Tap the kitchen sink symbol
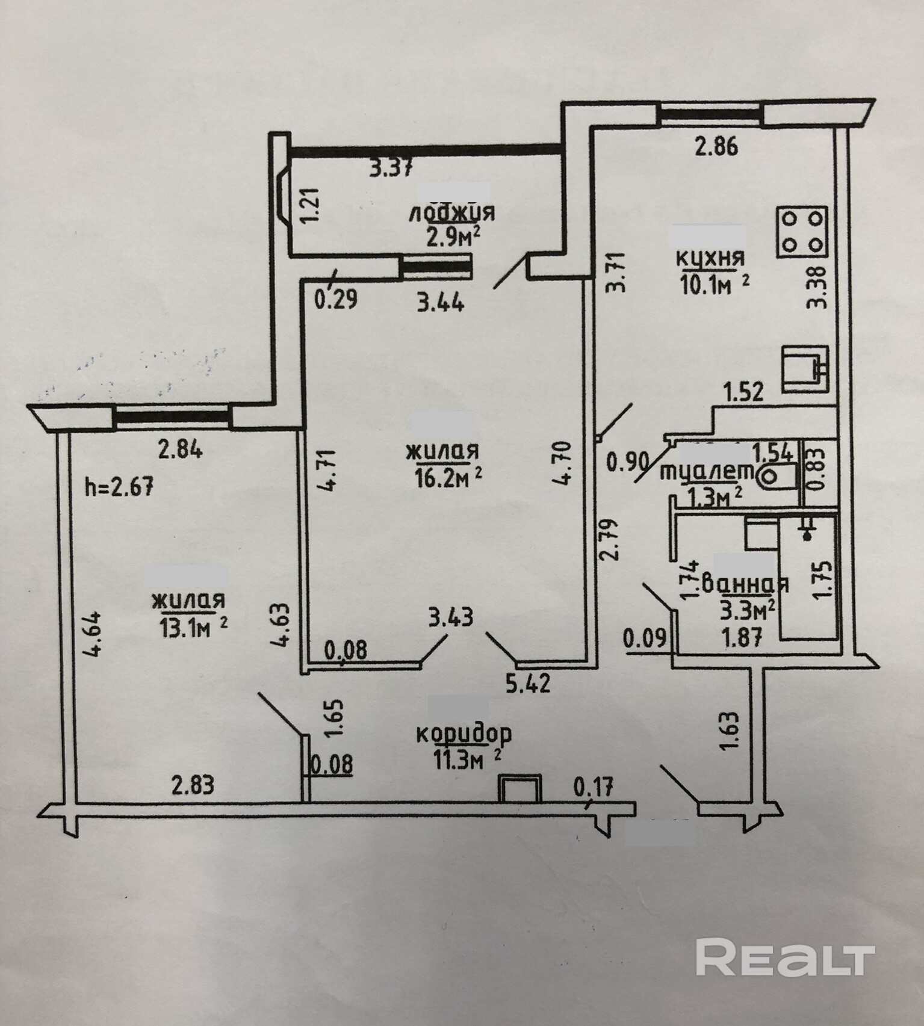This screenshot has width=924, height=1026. click(805, 368)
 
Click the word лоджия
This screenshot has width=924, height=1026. click(451, 213)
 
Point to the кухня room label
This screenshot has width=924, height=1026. click(710, 258)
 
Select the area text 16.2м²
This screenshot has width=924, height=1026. click(448, 477)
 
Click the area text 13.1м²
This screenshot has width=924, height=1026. click(193, 628)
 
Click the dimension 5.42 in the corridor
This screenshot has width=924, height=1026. click(528, 684)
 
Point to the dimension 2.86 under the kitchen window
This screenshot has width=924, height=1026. click(716, 146)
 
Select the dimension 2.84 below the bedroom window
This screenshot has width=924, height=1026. click(179, 450)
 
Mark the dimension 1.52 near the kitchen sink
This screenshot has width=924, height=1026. click(743, 392)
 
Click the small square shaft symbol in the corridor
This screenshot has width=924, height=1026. click(519, 788)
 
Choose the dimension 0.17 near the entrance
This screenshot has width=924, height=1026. click(594, 786)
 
